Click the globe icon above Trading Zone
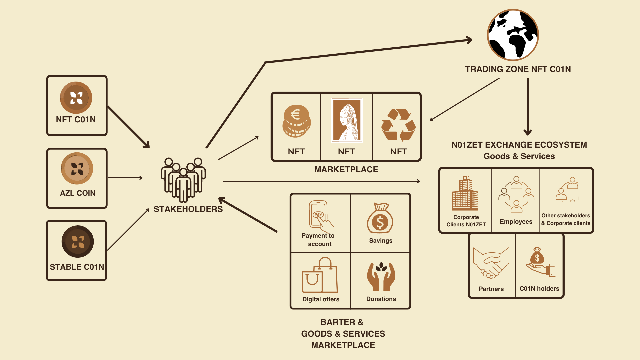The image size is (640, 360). (513, 35)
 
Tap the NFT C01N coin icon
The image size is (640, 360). (76, 98)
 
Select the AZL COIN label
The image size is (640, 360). (77, 193)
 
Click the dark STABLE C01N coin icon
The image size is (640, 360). (78, 242)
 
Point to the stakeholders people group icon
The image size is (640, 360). (183, 180)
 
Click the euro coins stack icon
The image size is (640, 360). (296, 122)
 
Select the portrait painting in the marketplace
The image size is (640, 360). (347, 120)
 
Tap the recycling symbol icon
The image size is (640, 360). (398, 125)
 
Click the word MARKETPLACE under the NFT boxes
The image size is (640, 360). (346, 169)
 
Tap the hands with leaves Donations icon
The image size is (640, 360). (381, 277)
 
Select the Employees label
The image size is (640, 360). (516, 222)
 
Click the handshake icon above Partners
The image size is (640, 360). (491, 263)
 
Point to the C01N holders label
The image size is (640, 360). (539, 289)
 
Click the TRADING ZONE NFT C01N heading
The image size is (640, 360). (518, 69)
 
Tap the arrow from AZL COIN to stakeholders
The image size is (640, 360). (125, 178)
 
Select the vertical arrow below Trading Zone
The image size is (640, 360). (528, 107)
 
